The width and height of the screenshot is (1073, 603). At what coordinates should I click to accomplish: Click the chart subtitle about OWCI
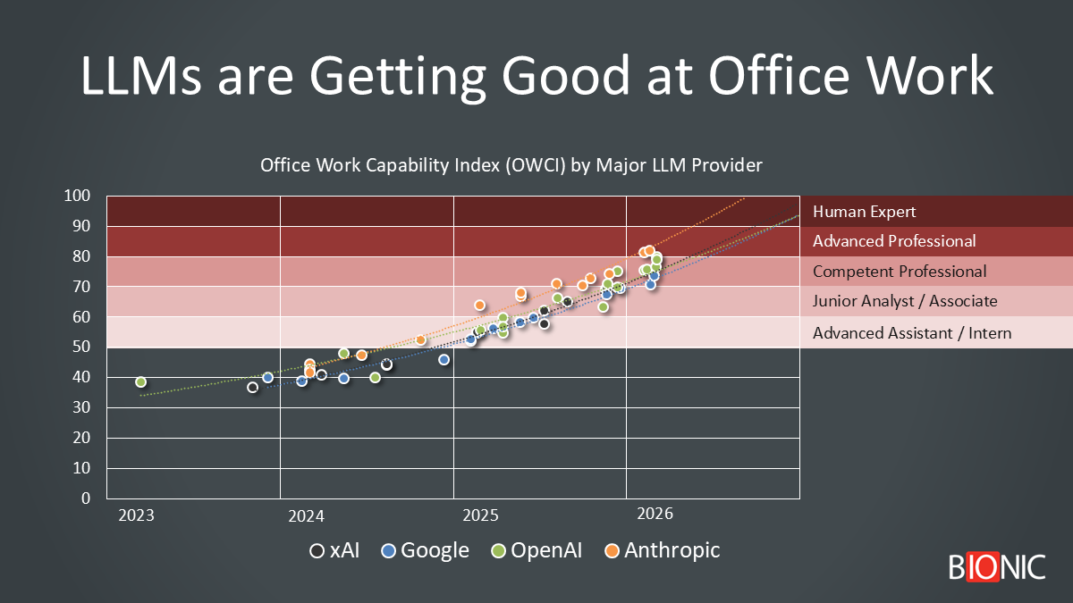pos(511,165)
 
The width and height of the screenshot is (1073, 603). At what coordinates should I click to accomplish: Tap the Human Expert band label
pos(864,212)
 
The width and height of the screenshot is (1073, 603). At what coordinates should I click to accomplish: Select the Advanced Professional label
pos(894,241)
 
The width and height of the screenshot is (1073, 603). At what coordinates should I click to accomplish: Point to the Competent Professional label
pos(900,272)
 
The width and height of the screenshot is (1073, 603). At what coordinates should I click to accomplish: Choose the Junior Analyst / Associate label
pos(905,302)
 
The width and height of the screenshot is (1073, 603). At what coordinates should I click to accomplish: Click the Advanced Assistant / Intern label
pos(912,333)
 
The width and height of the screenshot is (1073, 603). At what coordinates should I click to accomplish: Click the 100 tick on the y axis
pos(79,196)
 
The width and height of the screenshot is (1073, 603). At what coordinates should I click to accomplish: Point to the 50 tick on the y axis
pos(81,347)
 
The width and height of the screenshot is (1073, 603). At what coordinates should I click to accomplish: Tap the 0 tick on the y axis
pos(86,498)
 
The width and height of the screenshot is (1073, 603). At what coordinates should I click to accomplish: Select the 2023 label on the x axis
pos(135,515)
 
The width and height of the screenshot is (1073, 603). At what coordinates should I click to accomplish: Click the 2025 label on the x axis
pos(480,515)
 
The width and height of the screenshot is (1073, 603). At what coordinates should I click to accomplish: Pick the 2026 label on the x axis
pos(655,515)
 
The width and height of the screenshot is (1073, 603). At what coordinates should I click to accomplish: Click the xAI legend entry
pos(334,550)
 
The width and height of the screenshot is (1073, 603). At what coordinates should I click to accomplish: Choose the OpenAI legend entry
pos(536,550)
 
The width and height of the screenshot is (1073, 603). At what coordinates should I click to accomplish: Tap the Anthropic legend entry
pos(662,550)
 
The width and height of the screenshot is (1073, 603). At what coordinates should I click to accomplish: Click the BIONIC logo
pos(996,566)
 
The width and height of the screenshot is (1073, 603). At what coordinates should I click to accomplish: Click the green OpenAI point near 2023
pos(140,382)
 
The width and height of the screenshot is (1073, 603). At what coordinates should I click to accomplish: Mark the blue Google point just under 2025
pos(444,360)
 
